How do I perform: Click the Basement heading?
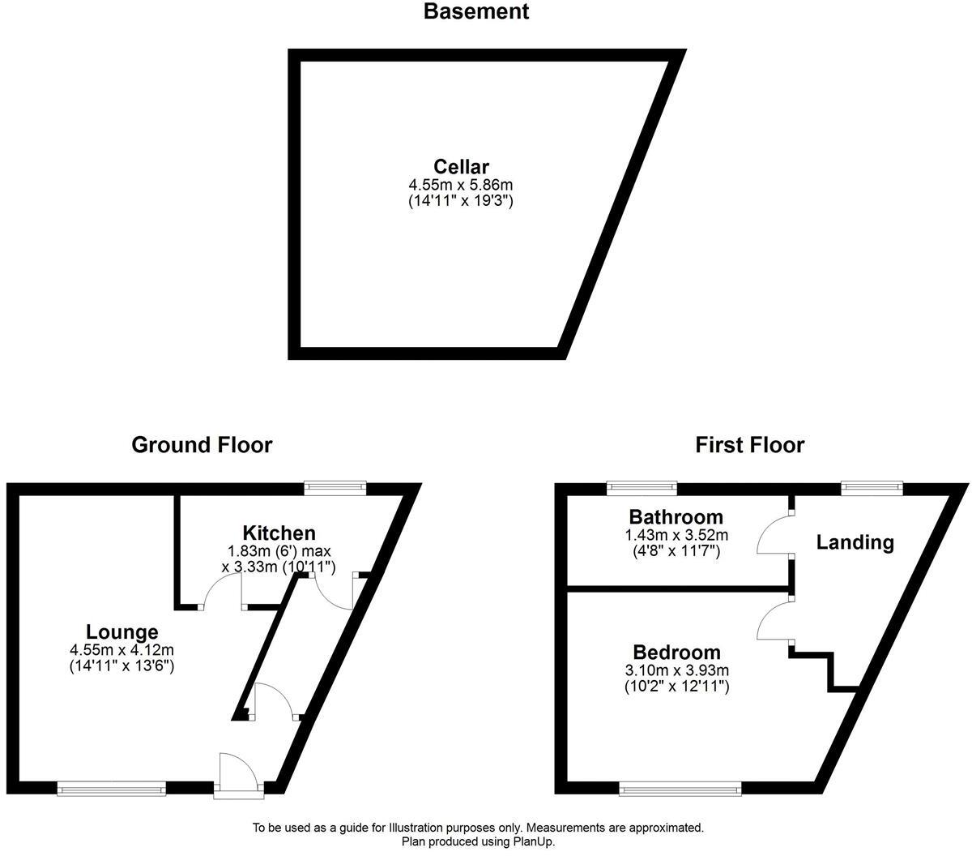pyautogui.click(x=475, y=12)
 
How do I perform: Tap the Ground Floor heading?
pyautogui.click(x=202, y=445)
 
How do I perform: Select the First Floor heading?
pyautogui.click(x=749, y=445)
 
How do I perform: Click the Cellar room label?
pyautogui.click(x=461, y=167)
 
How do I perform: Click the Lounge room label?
pyautogui.click(x=122, y=632)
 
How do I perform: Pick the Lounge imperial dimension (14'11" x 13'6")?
pyautogui.click(x=122, y=666)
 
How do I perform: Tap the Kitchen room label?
pyautogui.click(x=279, y=533)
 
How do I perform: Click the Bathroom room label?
pyautogui.click(x=676, y=517)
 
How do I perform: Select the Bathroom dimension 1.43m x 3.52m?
pyautogui.click(x=676, y=535)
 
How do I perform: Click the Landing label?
pyautogui.click(x=855, y=542)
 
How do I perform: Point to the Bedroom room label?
pyautogui.click(x=676, y=653)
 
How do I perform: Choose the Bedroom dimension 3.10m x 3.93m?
pyautogui.click(x=676, y=670)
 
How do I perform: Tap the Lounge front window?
pyautogui.click(x=112, y=787)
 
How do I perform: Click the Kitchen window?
pyautogui.click(x=335, y=487)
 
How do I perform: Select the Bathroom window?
pyautogui.click(x=642, y=487)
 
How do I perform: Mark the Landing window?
pyautogui.click(x=872, y=487)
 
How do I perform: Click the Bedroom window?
pyautogui.click(x=680, y=787)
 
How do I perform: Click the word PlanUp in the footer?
pyautogui.click(x=532, y=842)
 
